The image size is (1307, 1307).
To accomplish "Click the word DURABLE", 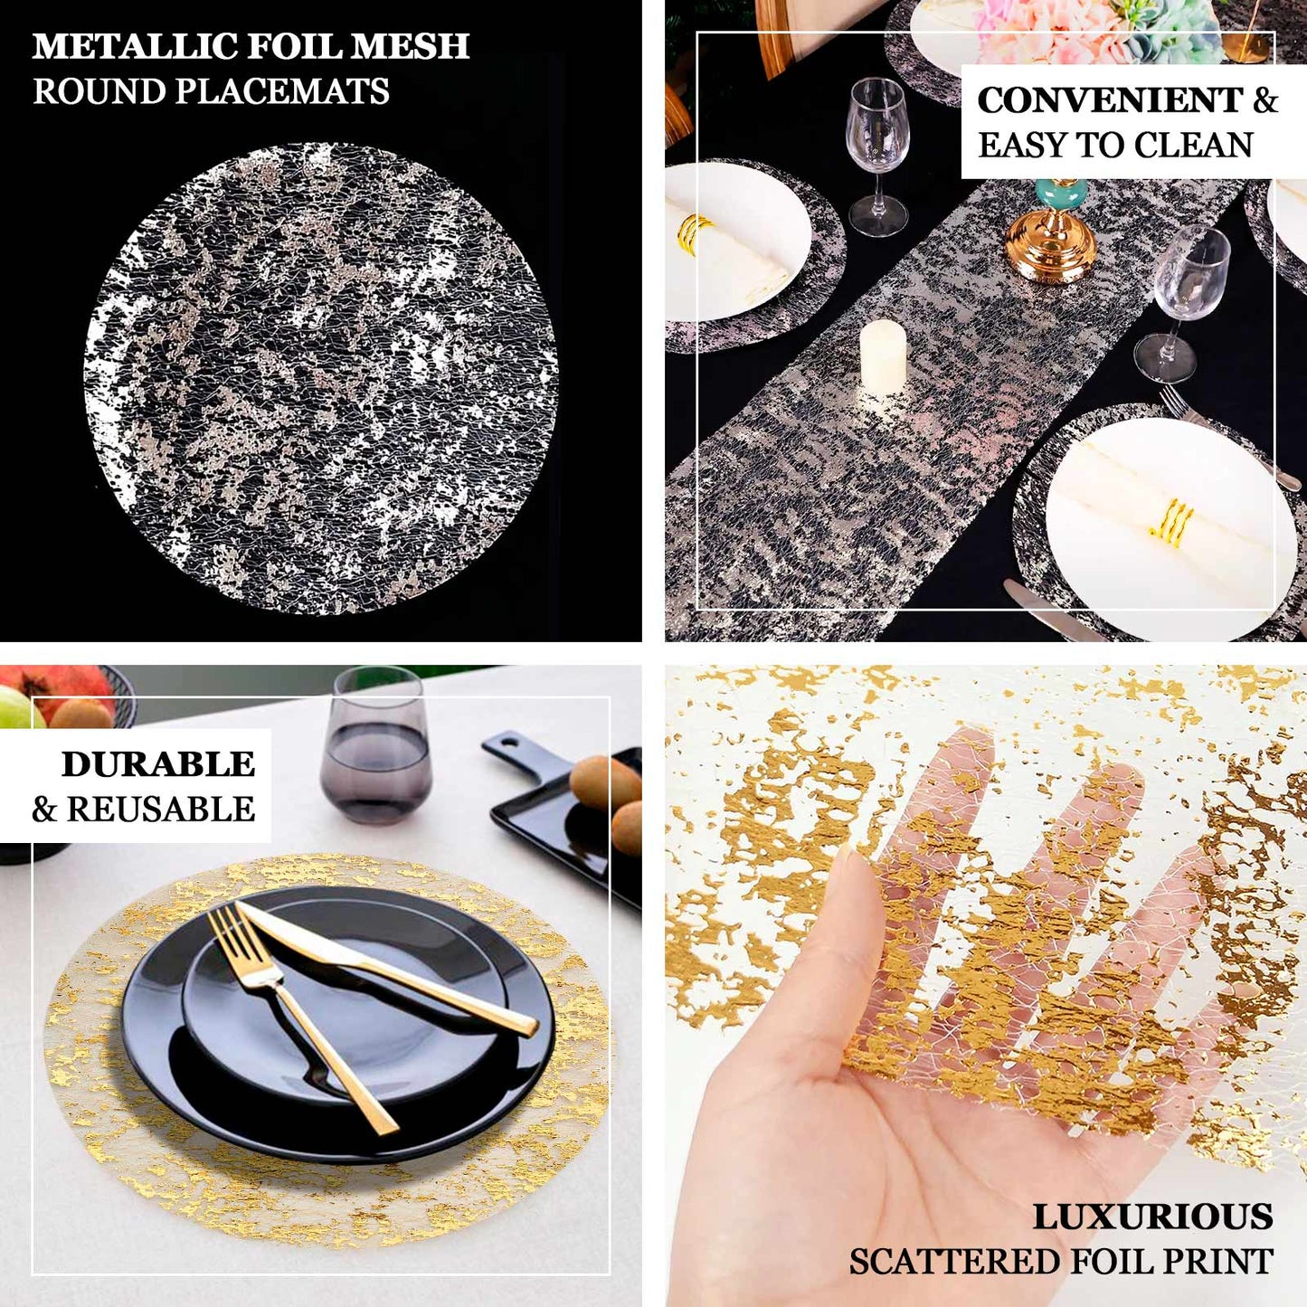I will point(158,764).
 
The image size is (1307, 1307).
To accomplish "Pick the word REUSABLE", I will point(161,810).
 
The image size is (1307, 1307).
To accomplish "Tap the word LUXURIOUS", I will point(1152,1217).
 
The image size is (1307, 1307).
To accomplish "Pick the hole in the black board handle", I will point(508,747).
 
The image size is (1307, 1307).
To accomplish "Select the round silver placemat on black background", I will point(320,378).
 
